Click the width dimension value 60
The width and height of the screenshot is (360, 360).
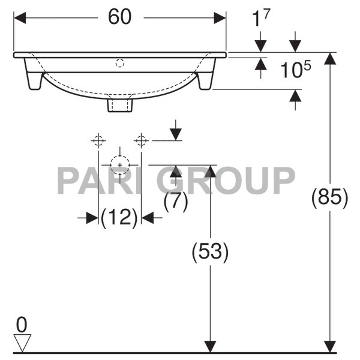pos(119,17)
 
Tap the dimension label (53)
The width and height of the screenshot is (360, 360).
pos(210,252)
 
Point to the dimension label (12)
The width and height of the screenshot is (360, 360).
pos(119,218)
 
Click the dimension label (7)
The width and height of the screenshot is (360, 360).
pos(175,201)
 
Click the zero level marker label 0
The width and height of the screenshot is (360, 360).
pos(22,325)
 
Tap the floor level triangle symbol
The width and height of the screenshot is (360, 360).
pos(22,343)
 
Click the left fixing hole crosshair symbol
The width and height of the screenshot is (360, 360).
pos(98,140)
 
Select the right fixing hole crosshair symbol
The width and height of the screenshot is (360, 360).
pos(141,140)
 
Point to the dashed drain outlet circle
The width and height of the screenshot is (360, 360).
pos(120,164)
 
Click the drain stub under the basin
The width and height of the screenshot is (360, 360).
pos(120,105)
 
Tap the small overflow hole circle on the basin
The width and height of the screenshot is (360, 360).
pos(119,62)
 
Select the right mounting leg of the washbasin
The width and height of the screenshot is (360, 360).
pos(205,79)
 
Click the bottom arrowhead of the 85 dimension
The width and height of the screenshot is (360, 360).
pos(329,346)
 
